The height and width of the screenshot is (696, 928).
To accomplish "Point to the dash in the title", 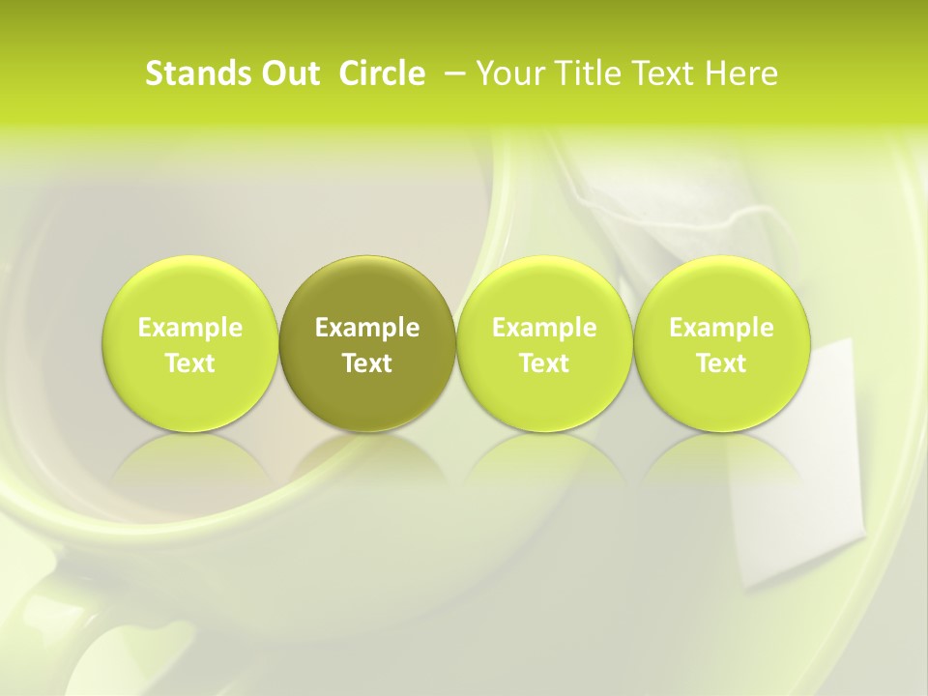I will click(451, 74).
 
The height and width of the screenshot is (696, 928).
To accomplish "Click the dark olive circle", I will click(367, 344).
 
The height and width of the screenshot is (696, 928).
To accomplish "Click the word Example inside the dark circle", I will click(367, 328).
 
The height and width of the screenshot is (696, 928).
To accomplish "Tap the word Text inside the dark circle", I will click(367, 363).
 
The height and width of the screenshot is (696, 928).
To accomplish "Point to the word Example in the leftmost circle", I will click(190, 328).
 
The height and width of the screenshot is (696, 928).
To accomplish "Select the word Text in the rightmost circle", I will click(721, 363).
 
